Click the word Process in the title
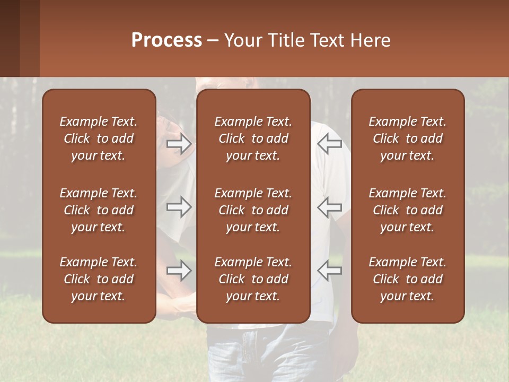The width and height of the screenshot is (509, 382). pos(166,40)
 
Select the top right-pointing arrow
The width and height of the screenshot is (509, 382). pos(179,144)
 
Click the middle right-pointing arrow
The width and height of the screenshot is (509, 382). pos(179,207)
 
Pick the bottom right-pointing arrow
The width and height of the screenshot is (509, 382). pos(179,271)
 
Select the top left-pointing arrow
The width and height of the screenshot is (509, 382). pos(329,144)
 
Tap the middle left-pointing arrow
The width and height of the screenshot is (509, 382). pos(329,207)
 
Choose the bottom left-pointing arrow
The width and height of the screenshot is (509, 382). pos(329,271)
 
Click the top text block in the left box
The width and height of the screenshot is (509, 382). pos(99,138)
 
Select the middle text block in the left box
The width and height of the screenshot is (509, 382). pos(99,210)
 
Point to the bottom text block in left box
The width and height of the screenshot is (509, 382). pos(99,279)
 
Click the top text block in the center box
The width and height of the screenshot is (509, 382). pos(253,138)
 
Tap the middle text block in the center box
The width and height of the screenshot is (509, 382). pos(253,210)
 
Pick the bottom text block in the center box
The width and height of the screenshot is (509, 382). pos(253,279)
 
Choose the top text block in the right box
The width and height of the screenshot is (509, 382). pos(408,138)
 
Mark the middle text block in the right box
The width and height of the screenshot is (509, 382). pos(408,210)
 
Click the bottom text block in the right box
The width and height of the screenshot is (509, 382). pos(408,279)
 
